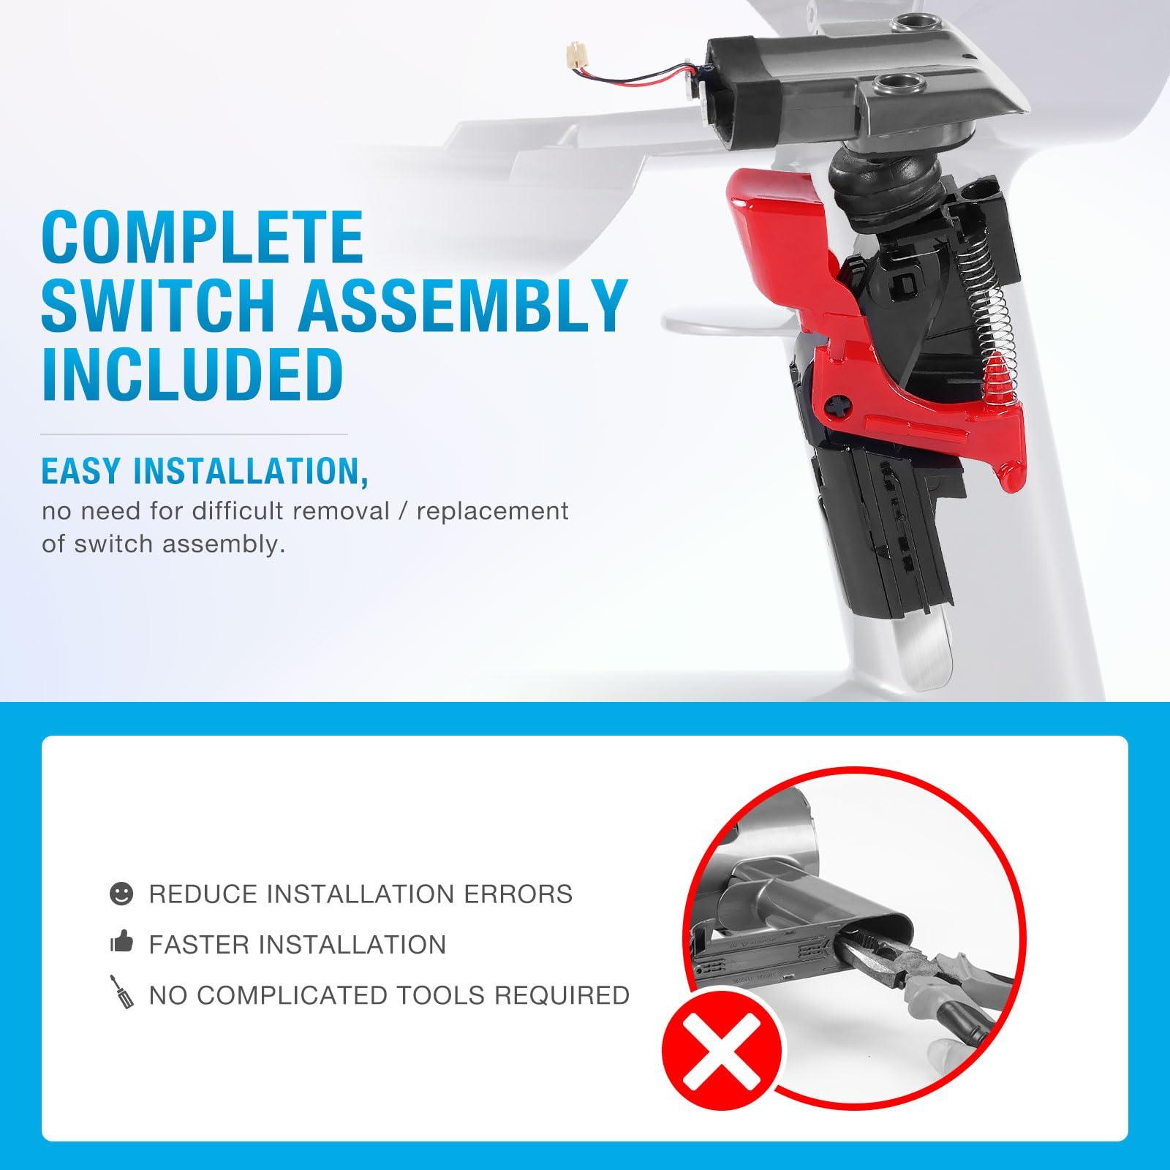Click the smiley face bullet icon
tap(121, 894)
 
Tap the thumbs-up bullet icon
tap(121, 944)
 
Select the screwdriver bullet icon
tap(121, 993)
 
